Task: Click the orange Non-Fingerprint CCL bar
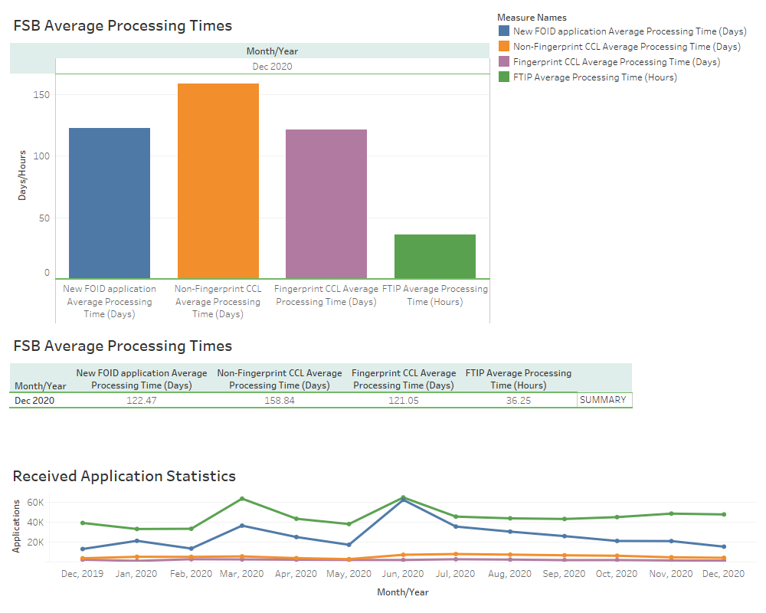tap(218, 181)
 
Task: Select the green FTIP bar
tap(434, 256)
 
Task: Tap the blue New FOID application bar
tap(110, 203)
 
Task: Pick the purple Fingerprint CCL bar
tap(326, 204)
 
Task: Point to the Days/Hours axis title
tap(23, 175)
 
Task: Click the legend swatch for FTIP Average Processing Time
tap(504, 77)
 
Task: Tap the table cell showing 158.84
tap(279, 401)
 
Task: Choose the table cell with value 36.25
tap(518, 401)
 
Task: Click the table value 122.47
tap(141, 401)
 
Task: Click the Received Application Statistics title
tap(124, 476)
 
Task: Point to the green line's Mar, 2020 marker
tap(242, 499)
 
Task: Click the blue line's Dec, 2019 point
tap(82, 549)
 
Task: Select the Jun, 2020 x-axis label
tap(402, 573)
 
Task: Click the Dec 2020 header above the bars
tap(272, 67)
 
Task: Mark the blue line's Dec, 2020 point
tap(723, 547)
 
